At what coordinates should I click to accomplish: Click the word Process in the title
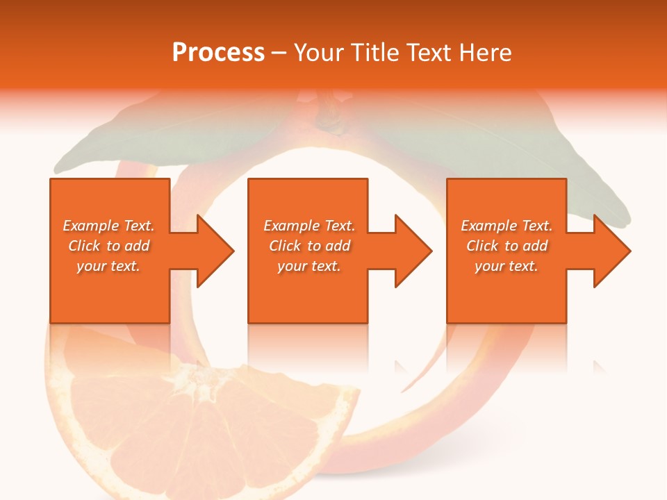tap(218, 53)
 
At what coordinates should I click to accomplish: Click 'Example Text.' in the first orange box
tap(109, 226)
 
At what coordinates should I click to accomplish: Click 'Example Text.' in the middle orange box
tap(309, 226)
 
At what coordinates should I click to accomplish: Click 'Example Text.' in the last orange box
tap(507, 226)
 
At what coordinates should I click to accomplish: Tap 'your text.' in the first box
tap(108, 266)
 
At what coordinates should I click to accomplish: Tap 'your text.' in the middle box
tap(308, 266)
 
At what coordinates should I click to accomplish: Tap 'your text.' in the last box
tap(507, 266)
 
